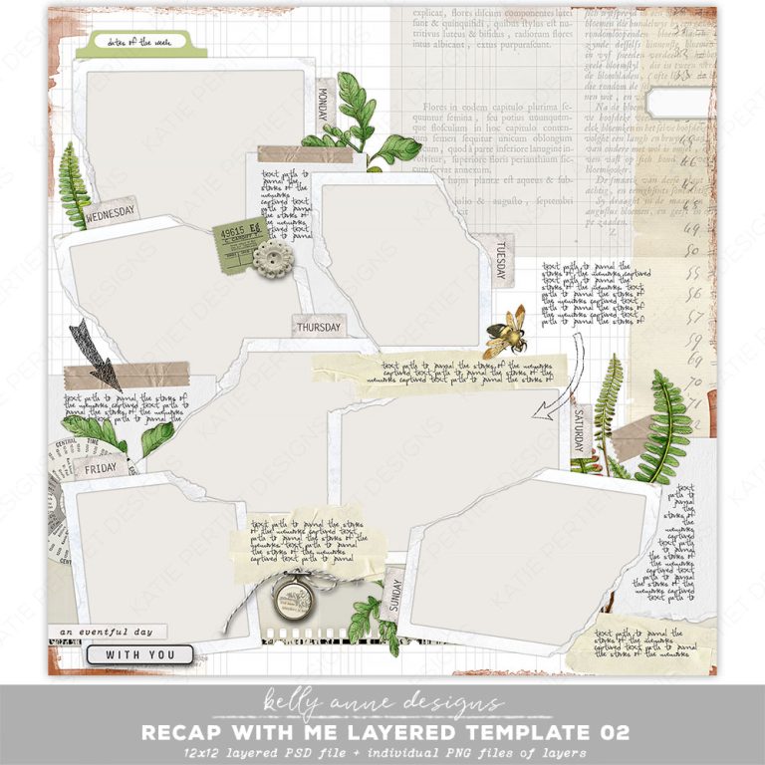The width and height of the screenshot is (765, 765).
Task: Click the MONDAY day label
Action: (322, 102)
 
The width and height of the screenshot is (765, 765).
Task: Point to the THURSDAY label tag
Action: (318, 327)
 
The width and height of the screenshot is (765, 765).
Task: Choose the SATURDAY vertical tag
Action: (581, 431)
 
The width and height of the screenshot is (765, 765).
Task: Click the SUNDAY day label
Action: (392, 596)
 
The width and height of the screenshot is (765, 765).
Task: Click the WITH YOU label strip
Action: (138, 654)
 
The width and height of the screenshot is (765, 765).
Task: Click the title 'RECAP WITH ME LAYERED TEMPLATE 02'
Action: (384, 732)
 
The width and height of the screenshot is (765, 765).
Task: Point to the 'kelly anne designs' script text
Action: (382, 703)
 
